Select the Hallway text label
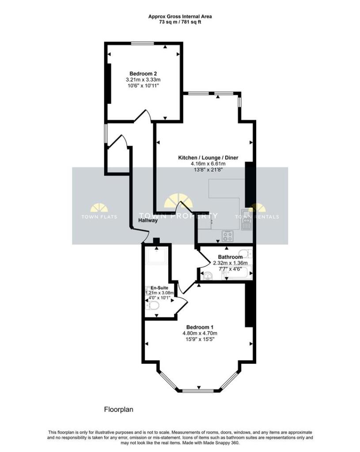[148, 221]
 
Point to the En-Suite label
[160, 287]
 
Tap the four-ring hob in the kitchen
[227, 236]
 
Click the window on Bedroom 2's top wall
[142, 43]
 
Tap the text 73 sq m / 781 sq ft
[180, 22]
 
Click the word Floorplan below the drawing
[118, 410]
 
